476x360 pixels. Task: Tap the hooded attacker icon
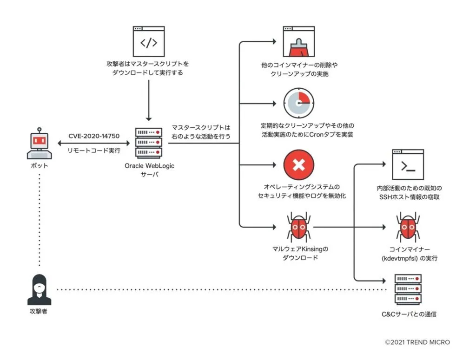[x=39, y=289]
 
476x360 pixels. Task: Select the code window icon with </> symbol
[x=148, y=42]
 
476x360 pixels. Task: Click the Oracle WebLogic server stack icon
[x=148, y=142]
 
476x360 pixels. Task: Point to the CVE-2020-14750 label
[x=94, y=136]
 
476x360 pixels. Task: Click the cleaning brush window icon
[x=298, y=42]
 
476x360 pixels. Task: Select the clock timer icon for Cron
[x=298, y=102]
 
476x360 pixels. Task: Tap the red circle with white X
[x=298, y=165]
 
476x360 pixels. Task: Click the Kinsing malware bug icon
[x=298, y=227]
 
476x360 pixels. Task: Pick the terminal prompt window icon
[x=408, y=164]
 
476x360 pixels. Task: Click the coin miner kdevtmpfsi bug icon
[x=408, y=227]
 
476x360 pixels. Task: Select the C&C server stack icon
[x=408, y=289]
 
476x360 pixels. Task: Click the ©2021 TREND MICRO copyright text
[x=417, y=342]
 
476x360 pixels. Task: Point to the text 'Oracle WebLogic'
[x=149, y=166]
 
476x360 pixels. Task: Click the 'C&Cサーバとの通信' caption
[x=408, y=314]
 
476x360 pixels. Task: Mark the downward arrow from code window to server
[x=148, y=100]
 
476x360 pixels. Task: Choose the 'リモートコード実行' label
[x=94, y=151]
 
